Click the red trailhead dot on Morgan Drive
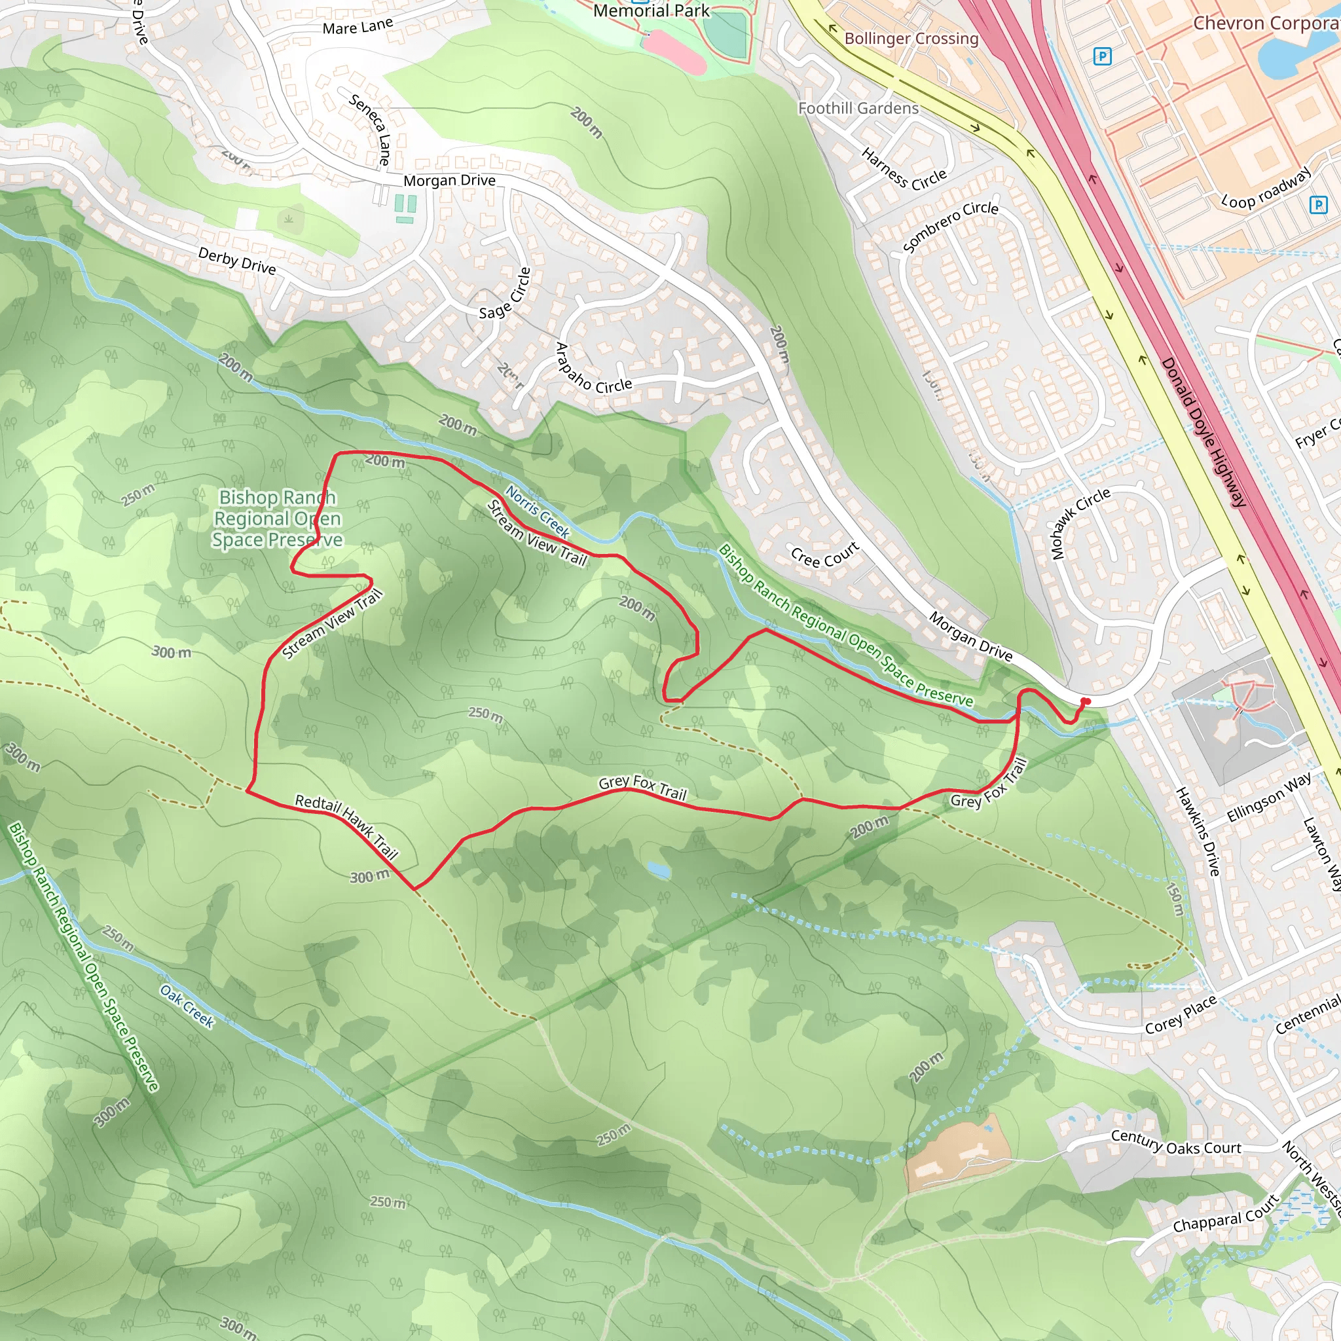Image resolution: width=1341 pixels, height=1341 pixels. pyautogui.click(x=1086, y=701)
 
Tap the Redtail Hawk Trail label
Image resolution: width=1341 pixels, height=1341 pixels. pyautogui.click(x=346, y=828)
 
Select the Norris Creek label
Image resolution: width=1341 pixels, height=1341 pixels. pyautogui.click(x=537, y=512)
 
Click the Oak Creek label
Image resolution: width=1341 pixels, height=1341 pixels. pyautogui.click(x=187, y=1005)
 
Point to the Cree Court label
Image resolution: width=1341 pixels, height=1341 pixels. pyautogui.click(x=824, y=555)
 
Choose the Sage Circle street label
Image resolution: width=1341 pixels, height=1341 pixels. pyautogui.click(x=505, y=293)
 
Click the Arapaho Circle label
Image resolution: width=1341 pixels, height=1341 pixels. pyautogui.click(x=593, y=369)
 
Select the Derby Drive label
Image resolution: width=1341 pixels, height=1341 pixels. pyautogui.click(x=236, y=261)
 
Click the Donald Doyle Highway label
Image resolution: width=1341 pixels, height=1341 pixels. pyautogui.click(x=1203, y=432)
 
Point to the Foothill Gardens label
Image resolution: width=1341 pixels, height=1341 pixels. pyautogui.click(x=858, y=108)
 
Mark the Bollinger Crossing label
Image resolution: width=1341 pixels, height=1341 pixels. pyautogui.click(x=911, y=38)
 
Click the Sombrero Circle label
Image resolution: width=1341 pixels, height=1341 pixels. pyautogui.click(x=950, y=226)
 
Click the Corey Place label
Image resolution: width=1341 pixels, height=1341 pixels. pyautogui.click(x=1181, y=1014)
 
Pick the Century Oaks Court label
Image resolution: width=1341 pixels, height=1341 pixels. pyautogui.click(x=1176, y=1142)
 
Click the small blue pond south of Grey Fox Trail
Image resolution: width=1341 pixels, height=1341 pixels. pyautogui.click(x=658, y=869)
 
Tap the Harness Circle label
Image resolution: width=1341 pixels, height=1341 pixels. pyautogui.click(x=904, y=170)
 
